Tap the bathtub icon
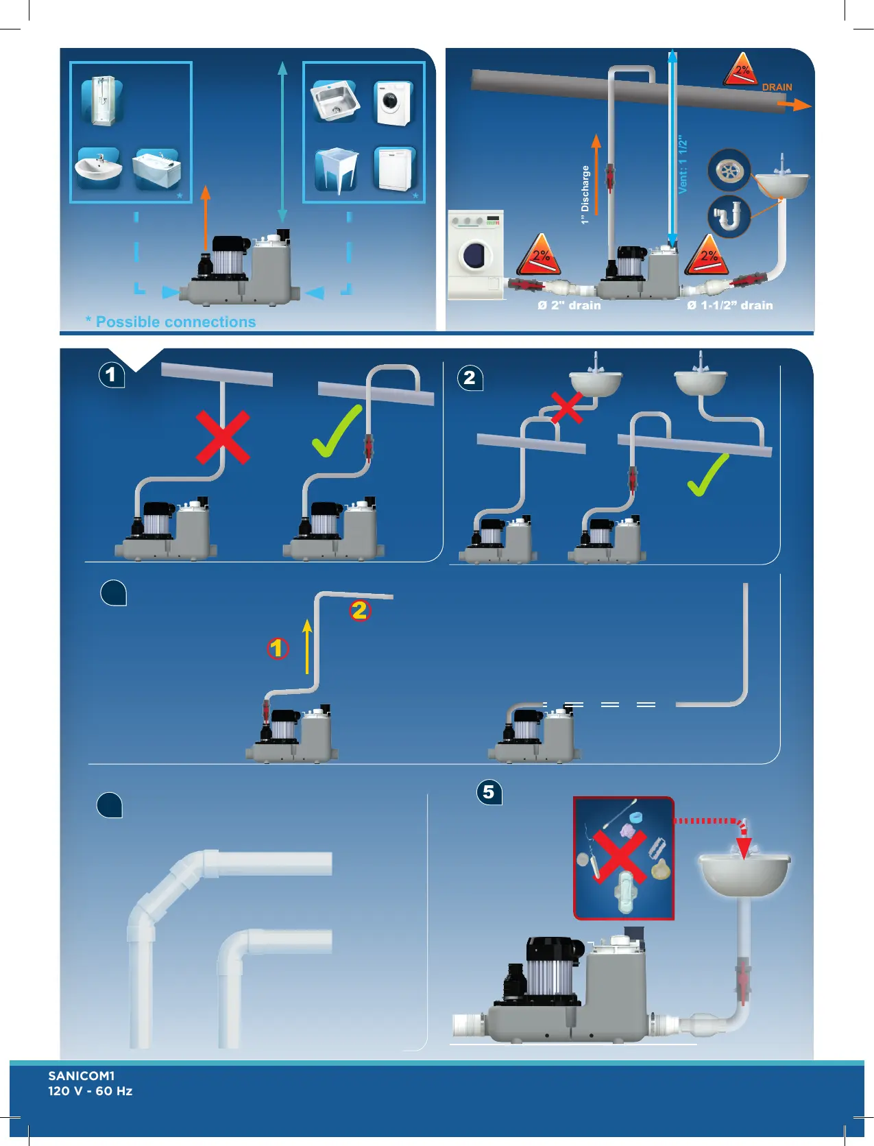pyautogui.click(x=157, y=169)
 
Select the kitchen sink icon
pyautogui.click(x=335, y=101)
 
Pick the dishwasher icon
pyautogui.click(x=395, y=169)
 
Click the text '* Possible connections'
pyautogui.click(x=171, y=322)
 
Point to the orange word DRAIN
pyautogui.click(x=777, y=87)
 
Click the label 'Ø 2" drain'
pyautogui.click(x=569, y=305)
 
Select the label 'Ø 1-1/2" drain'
pyautogui.click(x=729, y=305)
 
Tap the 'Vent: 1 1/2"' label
pyautogui.click(x=683, y=165)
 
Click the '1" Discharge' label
pyautogui.click(x=585, y=195)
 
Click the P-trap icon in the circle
pyautogui.click(x=728, y=217)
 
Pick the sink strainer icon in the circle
pyautogui.click(x=729, y=170)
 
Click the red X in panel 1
pyautogui.click(x=223, y=438)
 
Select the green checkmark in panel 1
pyautogui.click(x=337, y=431)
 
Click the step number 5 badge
pyautogui.click(x=489, y=792)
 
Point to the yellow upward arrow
pyautogui.click(x=307, y=646)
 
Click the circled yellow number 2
pyautogui.click(x=359, y=610)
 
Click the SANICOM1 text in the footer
pyautogui.click(x=82, y=1075)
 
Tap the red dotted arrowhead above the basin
pyautogui.click(x=744, y=848)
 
